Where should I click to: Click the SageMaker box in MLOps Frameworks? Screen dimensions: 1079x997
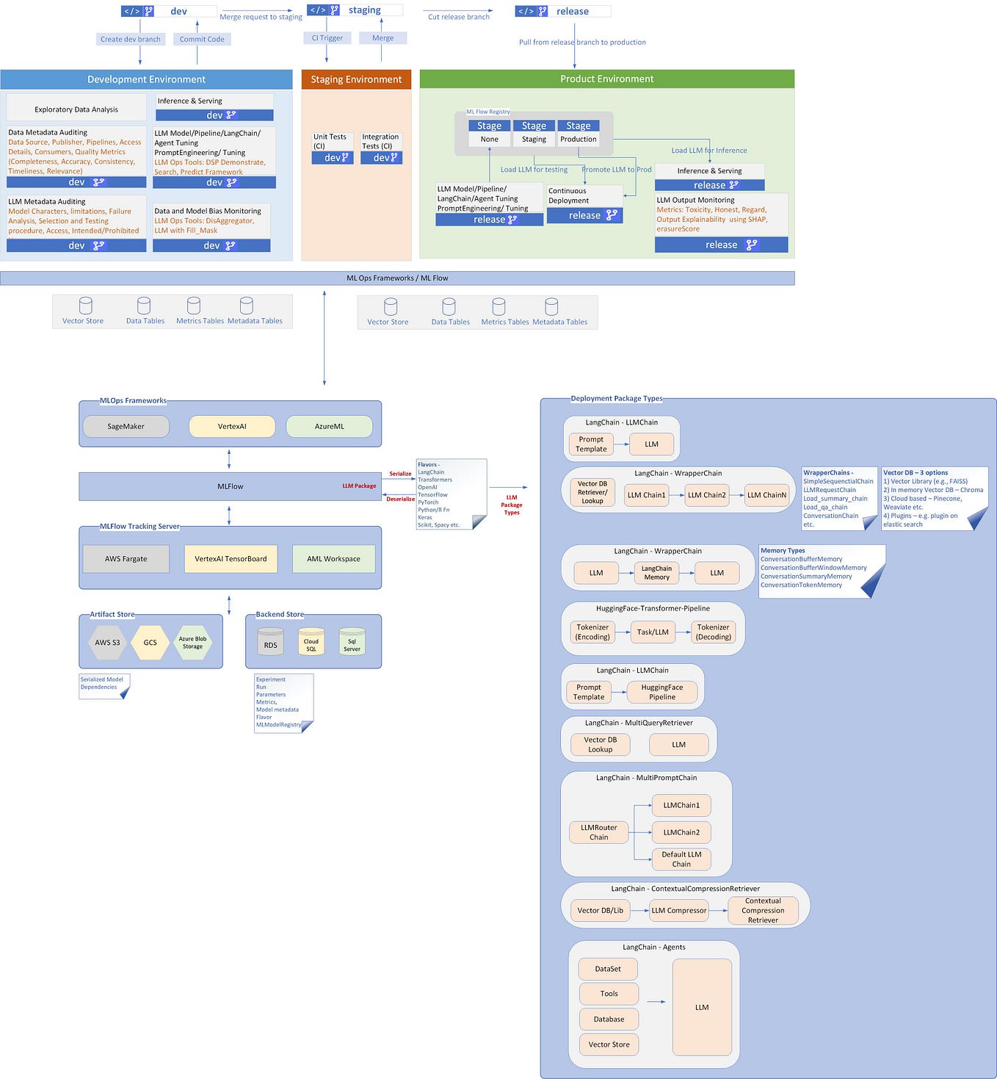(x=126, y=426)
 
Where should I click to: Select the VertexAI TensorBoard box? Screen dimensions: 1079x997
(x=231, y=558)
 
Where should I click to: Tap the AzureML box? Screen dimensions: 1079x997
(x=329, y=426)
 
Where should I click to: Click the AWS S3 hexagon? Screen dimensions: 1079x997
(x=107, y=642)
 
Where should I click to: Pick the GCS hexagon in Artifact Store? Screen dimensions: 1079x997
(x=150, y=642)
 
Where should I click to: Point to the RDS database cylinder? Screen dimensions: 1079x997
(x=270, y=642)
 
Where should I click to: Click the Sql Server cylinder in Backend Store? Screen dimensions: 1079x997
(x=352, y=643)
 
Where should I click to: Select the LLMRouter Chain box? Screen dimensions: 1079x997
(x=598, y=832)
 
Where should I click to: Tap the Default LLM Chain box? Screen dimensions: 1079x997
(x=681, y=859)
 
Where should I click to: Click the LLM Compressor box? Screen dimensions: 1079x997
(x=678, y=910)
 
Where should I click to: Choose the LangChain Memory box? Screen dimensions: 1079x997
(x=656, y=573)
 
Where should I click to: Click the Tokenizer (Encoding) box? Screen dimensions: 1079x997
(x=592, y=632)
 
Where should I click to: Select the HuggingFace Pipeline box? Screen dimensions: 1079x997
(x=661, y=692)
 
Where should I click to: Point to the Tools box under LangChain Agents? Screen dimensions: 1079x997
(x=609, y=994)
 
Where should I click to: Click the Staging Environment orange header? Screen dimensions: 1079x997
(x=356, y=79)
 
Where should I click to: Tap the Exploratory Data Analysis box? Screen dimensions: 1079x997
(x=76, y=109)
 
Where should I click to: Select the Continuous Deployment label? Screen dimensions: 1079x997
(x=568, y=195)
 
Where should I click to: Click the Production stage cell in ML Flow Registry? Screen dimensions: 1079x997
(x=578, y=139)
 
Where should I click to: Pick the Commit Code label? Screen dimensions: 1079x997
(x=202, y=39)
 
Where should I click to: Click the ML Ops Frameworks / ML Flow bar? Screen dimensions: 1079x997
(x=397, y=278)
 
